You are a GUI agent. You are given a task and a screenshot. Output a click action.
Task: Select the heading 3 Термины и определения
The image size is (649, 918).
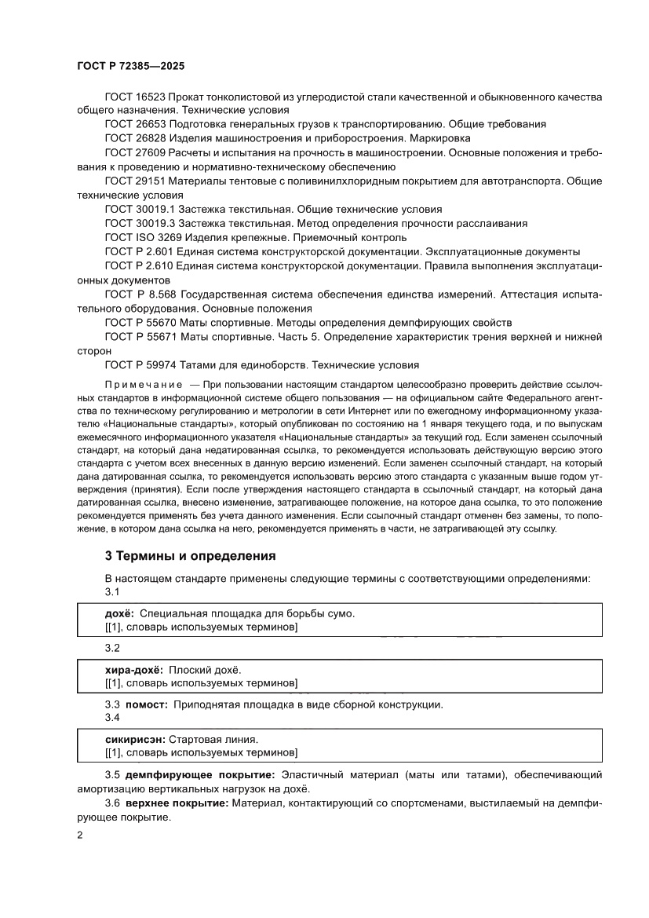tap(190, 556)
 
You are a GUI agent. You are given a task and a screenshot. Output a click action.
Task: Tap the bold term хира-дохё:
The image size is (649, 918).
tap(133, 670)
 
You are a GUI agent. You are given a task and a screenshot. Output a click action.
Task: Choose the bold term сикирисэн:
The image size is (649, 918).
tap(136, 739)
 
